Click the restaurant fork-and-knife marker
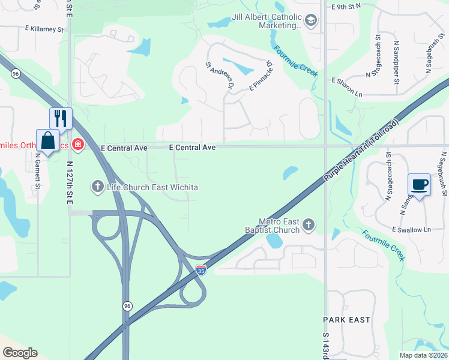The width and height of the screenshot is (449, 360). tap(61, 118)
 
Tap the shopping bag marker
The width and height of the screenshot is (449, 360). tap(47, 140)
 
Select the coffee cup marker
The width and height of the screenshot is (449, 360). tap(419, 184)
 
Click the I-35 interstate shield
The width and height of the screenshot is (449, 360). tap(201, 271)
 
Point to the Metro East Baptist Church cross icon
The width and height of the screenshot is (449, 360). tap(309, 225)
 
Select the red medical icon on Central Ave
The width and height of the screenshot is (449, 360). tap(77, 144)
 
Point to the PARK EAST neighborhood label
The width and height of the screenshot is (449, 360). tap(346, 320)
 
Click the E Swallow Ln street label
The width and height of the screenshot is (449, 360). tap(411, 229)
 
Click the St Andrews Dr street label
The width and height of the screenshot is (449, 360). tap(219, 76)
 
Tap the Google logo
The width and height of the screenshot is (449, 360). tap(19, 353)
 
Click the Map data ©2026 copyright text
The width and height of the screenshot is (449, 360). tap(423, 355)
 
